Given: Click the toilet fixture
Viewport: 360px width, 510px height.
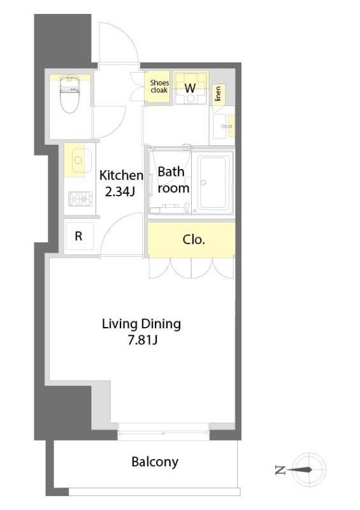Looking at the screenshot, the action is pos(70,94).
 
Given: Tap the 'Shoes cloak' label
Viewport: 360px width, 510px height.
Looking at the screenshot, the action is pos(159,86).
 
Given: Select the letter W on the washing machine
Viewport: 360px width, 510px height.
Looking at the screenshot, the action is pos(191,88).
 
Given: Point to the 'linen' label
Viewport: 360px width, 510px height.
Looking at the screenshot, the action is pos(218,93).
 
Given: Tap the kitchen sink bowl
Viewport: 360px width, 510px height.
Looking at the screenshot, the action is pos(78,160).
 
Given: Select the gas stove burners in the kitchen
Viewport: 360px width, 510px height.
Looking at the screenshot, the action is pos(80,198).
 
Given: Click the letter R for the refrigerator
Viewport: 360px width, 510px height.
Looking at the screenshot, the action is pos(78,236).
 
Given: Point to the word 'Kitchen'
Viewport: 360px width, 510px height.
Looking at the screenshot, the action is pos(121,175).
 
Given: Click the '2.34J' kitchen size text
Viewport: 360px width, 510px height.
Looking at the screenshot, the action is pos(120,192).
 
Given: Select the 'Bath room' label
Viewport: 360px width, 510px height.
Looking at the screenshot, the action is pos(173,180).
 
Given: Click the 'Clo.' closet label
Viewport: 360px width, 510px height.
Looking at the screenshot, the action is pos(194,240).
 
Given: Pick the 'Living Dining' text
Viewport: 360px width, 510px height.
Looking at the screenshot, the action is pos(141,324).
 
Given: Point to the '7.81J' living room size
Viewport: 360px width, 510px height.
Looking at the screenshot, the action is pos(143,340).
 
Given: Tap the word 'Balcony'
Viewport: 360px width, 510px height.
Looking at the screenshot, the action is pos(155,462).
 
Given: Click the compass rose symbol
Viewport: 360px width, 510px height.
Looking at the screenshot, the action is pos(308,469).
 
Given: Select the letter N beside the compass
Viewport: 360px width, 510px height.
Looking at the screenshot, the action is pos(280,470).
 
